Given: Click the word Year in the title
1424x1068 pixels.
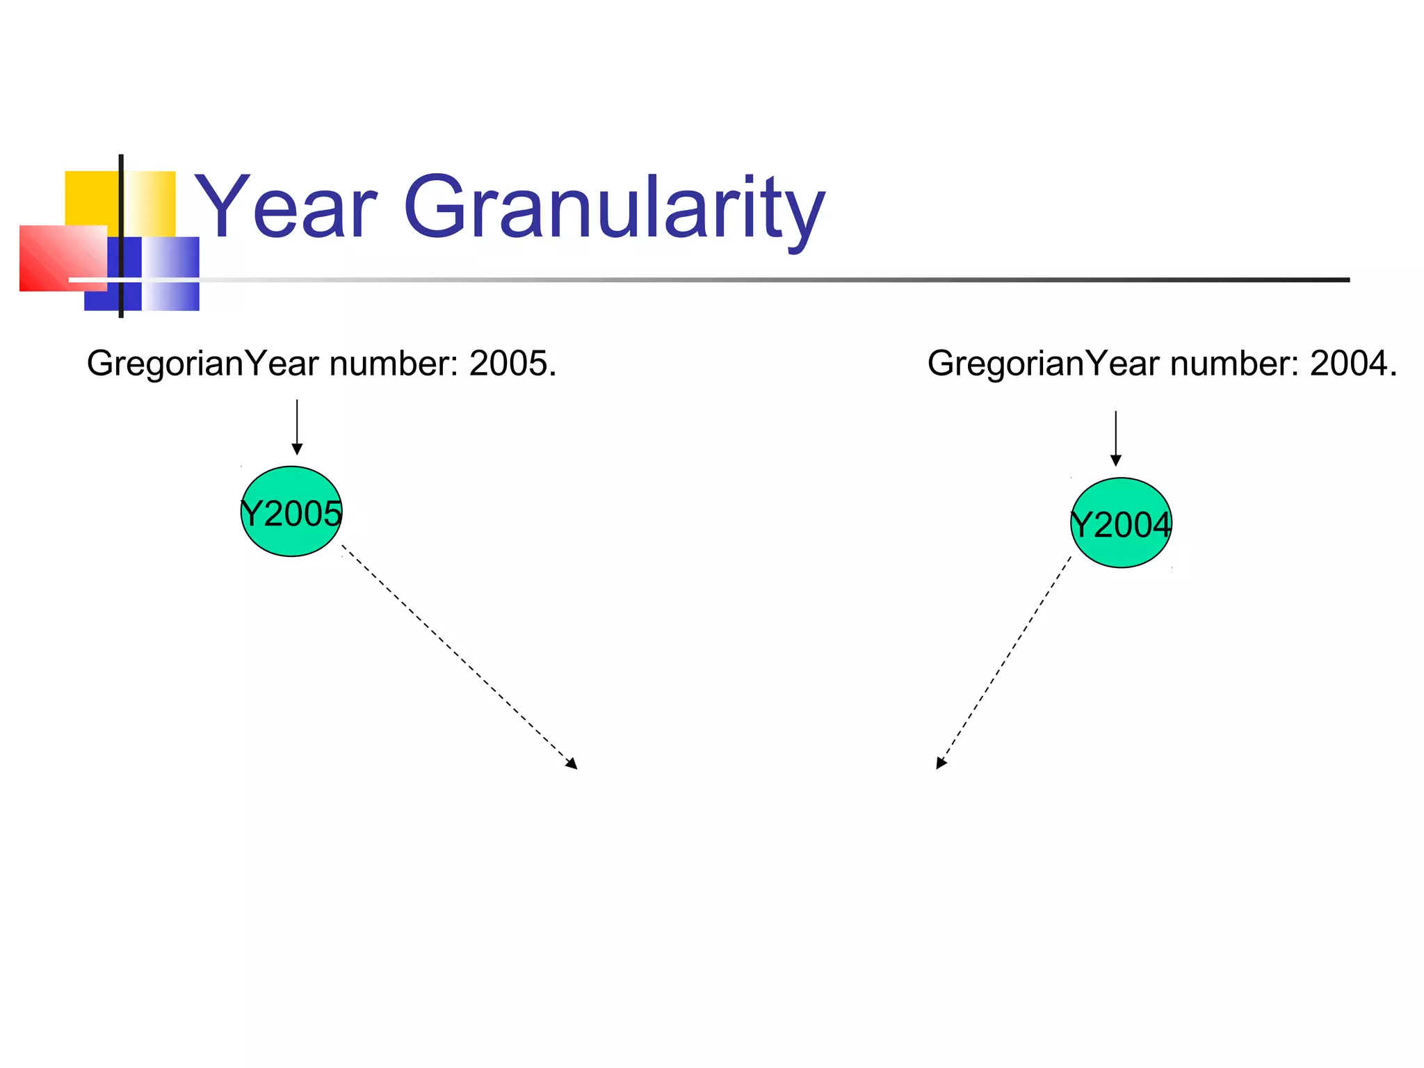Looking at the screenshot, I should click(286, 207).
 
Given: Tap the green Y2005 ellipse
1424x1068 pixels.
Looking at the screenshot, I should click(291, 512).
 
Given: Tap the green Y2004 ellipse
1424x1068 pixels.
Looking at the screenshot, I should click(1121, 523).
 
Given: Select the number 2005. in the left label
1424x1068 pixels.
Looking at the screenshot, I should click(512, 364).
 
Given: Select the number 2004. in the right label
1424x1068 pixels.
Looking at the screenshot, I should click(1353, 364).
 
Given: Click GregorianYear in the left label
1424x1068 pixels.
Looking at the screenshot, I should click(203, 364).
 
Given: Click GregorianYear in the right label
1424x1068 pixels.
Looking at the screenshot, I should click(1044, 364).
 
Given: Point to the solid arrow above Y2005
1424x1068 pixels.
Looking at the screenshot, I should click(297, 426).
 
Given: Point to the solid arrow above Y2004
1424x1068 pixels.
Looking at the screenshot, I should click(1116, 437).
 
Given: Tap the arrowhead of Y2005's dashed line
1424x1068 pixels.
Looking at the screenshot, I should click(572, 764).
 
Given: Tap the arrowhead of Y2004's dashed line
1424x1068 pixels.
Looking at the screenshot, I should click(941, 763).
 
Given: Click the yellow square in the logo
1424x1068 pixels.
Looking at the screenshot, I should click(90, 198).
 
